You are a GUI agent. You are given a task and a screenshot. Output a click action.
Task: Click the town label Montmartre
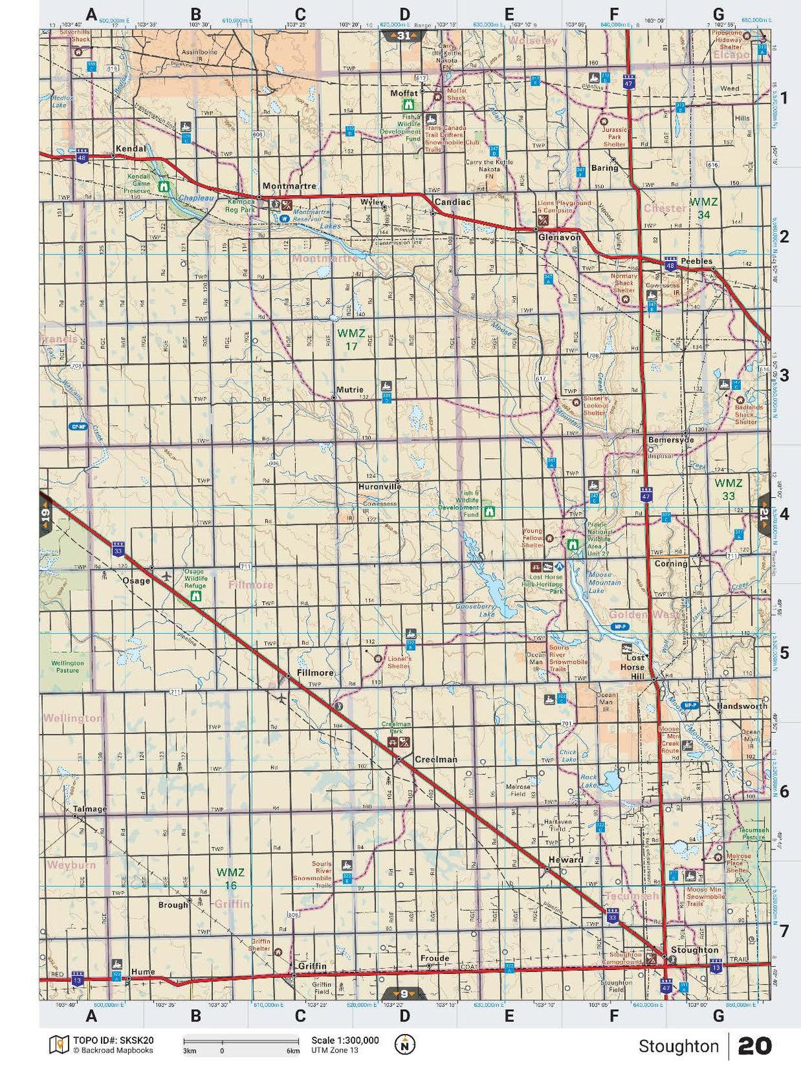point(289,187)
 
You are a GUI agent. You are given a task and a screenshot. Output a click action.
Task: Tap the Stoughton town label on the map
point(694,950)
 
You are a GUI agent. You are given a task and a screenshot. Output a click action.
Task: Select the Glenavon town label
point(560,237)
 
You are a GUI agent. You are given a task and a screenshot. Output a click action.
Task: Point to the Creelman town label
point(435,759)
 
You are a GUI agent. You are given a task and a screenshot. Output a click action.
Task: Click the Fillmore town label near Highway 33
point(315,673)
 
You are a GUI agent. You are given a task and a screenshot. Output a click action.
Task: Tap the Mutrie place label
point(350,390)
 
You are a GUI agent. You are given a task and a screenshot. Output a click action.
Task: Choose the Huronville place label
point(379,486)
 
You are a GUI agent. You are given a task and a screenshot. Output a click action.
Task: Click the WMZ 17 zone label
point(351,339)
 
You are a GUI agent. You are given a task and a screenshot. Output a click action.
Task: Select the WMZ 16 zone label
point(231,878)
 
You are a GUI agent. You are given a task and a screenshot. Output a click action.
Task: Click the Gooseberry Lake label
point(475,609)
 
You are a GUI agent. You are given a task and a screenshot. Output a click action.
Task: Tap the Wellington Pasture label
point(67,666)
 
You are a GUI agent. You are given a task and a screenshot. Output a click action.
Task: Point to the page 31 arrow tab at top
point(404,36)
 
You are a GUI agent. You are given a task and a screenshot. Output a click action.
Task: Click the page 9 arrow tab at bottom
point(404,993)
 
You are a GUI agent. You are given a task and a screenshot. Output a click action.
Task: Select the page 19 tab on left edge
point(45,514)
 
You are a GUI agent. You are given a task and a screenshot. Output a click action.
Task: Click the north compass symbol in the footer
point(404,1045)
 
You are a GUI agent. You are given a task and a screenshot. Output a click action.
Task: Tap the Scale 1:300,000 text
point(345,1041)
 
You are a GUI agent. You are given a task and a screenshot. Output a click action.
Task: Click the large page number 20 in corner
point(754,1045)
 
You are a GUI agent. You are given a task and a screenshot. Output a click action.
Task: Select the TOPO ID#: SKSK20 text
point(113,1041)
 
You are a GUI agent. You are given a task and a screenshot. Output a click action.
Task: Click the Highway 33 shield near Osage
point(118,549)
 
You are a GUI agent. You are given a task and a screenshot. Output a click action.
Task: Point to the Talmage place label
point(90,808)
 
